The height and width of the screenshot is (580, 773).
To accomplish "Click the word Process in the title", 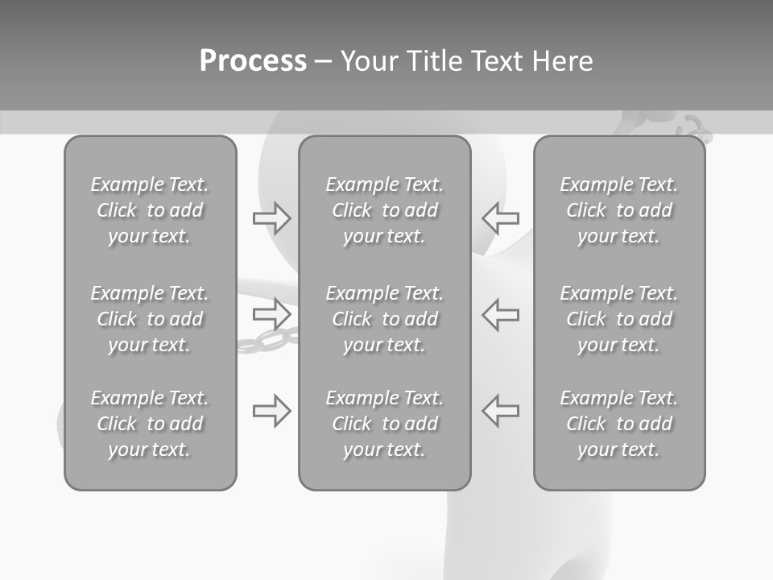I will click(x=253, y=61).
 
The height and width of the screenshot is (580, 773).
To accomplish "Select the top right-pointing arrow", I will click(x=271, y=217).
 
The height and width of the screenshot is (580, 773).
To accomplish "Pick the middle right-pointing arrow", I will click(x=271, y=313).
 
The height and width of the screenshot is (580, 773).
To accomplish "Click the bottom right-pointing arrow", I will click(x=271, y=411).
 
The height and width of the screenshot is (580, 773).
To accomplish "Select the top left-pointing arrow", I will click(x=501, y=217).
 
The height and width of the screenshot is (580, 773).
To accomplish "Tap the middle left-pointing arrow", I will click(x=501, y=313).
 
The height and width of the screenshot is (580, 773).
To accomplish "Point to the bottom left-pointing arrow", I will click(x=501, y=411).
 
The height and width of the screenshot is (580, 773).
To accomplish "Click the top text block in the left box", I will click(x=150, y=210).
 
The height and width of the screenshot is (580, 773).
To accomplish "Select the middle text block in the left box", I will click(x=150, y=319).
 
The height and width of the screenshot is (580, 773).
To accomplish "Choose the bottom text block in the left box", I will click(x=150, y=424).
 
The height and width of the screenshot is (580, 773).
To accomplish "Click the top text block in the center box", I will click(x=384, y=210).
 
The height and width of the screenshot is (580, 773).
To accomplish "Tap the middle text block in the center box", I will click(x=384, y=319).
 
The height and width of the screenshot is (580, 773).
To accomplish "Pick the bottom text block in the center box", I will click(x=384, y=424).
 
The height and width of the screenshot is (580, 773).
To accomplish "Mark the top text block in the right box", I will click(x=618, y=210).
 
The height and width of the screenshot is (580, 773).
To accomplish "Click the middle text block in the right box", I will click(x=618, y=319).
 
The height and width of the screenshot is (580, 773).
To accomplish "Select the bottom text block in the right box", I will click(x=618, y=424).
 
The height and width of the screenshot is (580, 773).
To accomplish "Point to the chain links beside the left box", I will click(x=266, y=341).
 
